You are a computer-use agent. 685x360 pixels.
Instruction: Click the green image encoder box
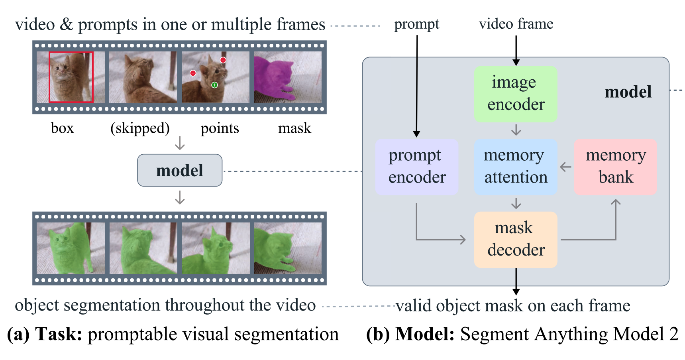pyautogui.click(x=515, y=94)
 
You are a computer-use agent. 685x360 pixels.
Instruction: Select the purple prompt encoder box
pyautogui.click(x=417, y=167)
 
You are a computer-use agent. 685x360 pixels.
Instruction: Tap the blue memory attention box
pyautogui.click(x=515, y=167)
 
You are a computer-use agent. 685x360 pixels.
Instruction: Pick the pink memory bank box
pyautogui.click(x=615, y=167)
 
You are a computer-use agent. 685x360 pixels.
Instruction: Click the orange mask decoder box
pyautogui.click(x=515, y=239)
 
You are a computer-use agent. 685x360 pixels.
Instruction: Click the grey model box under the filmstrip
pyautogui.click(x=179, y=170)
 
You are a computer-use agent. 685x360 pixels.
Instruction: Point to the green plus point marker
pyautogui.click(x=214, y=85)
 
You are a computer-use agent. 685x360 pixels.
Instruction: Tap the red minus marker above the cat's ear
pyautogui.click(x=223, y=60)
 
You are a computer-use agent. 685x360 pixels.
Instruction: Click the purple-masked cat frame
pyautogui.click(x=287, y=77)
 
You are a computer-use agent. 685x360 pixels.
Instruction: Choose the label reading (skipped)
pyautogui.click(x=140, y=128)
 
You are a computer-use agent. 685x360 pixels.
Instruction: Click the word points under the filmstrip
pyautogui.click(x=220, y=128)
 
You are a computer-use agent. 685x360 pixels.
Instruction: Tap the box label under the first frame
pyautogui.click(x=62, y=128)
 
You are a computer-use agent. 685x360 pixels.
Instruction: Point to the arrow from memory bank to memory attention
pyautogui.click(x=565, y=167)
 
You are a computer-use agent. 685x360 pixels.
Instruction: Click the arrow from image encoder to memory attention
pyautogui.click(x=516, y=130)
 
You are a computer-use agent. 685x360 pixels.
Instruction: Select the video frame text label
pyautogui.click(x=516, y=24)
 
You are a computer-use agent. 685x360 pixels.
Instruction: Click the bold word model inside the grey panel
pyautogui.click(x=628, y=92)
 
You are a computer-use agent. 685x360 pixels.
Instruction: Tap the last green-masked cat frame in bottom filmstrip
pyautogui.click(x=287, y=248)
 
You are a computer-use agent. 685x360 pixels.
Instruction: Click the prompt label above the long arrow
pyautogui.click(x=416, y=24)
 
